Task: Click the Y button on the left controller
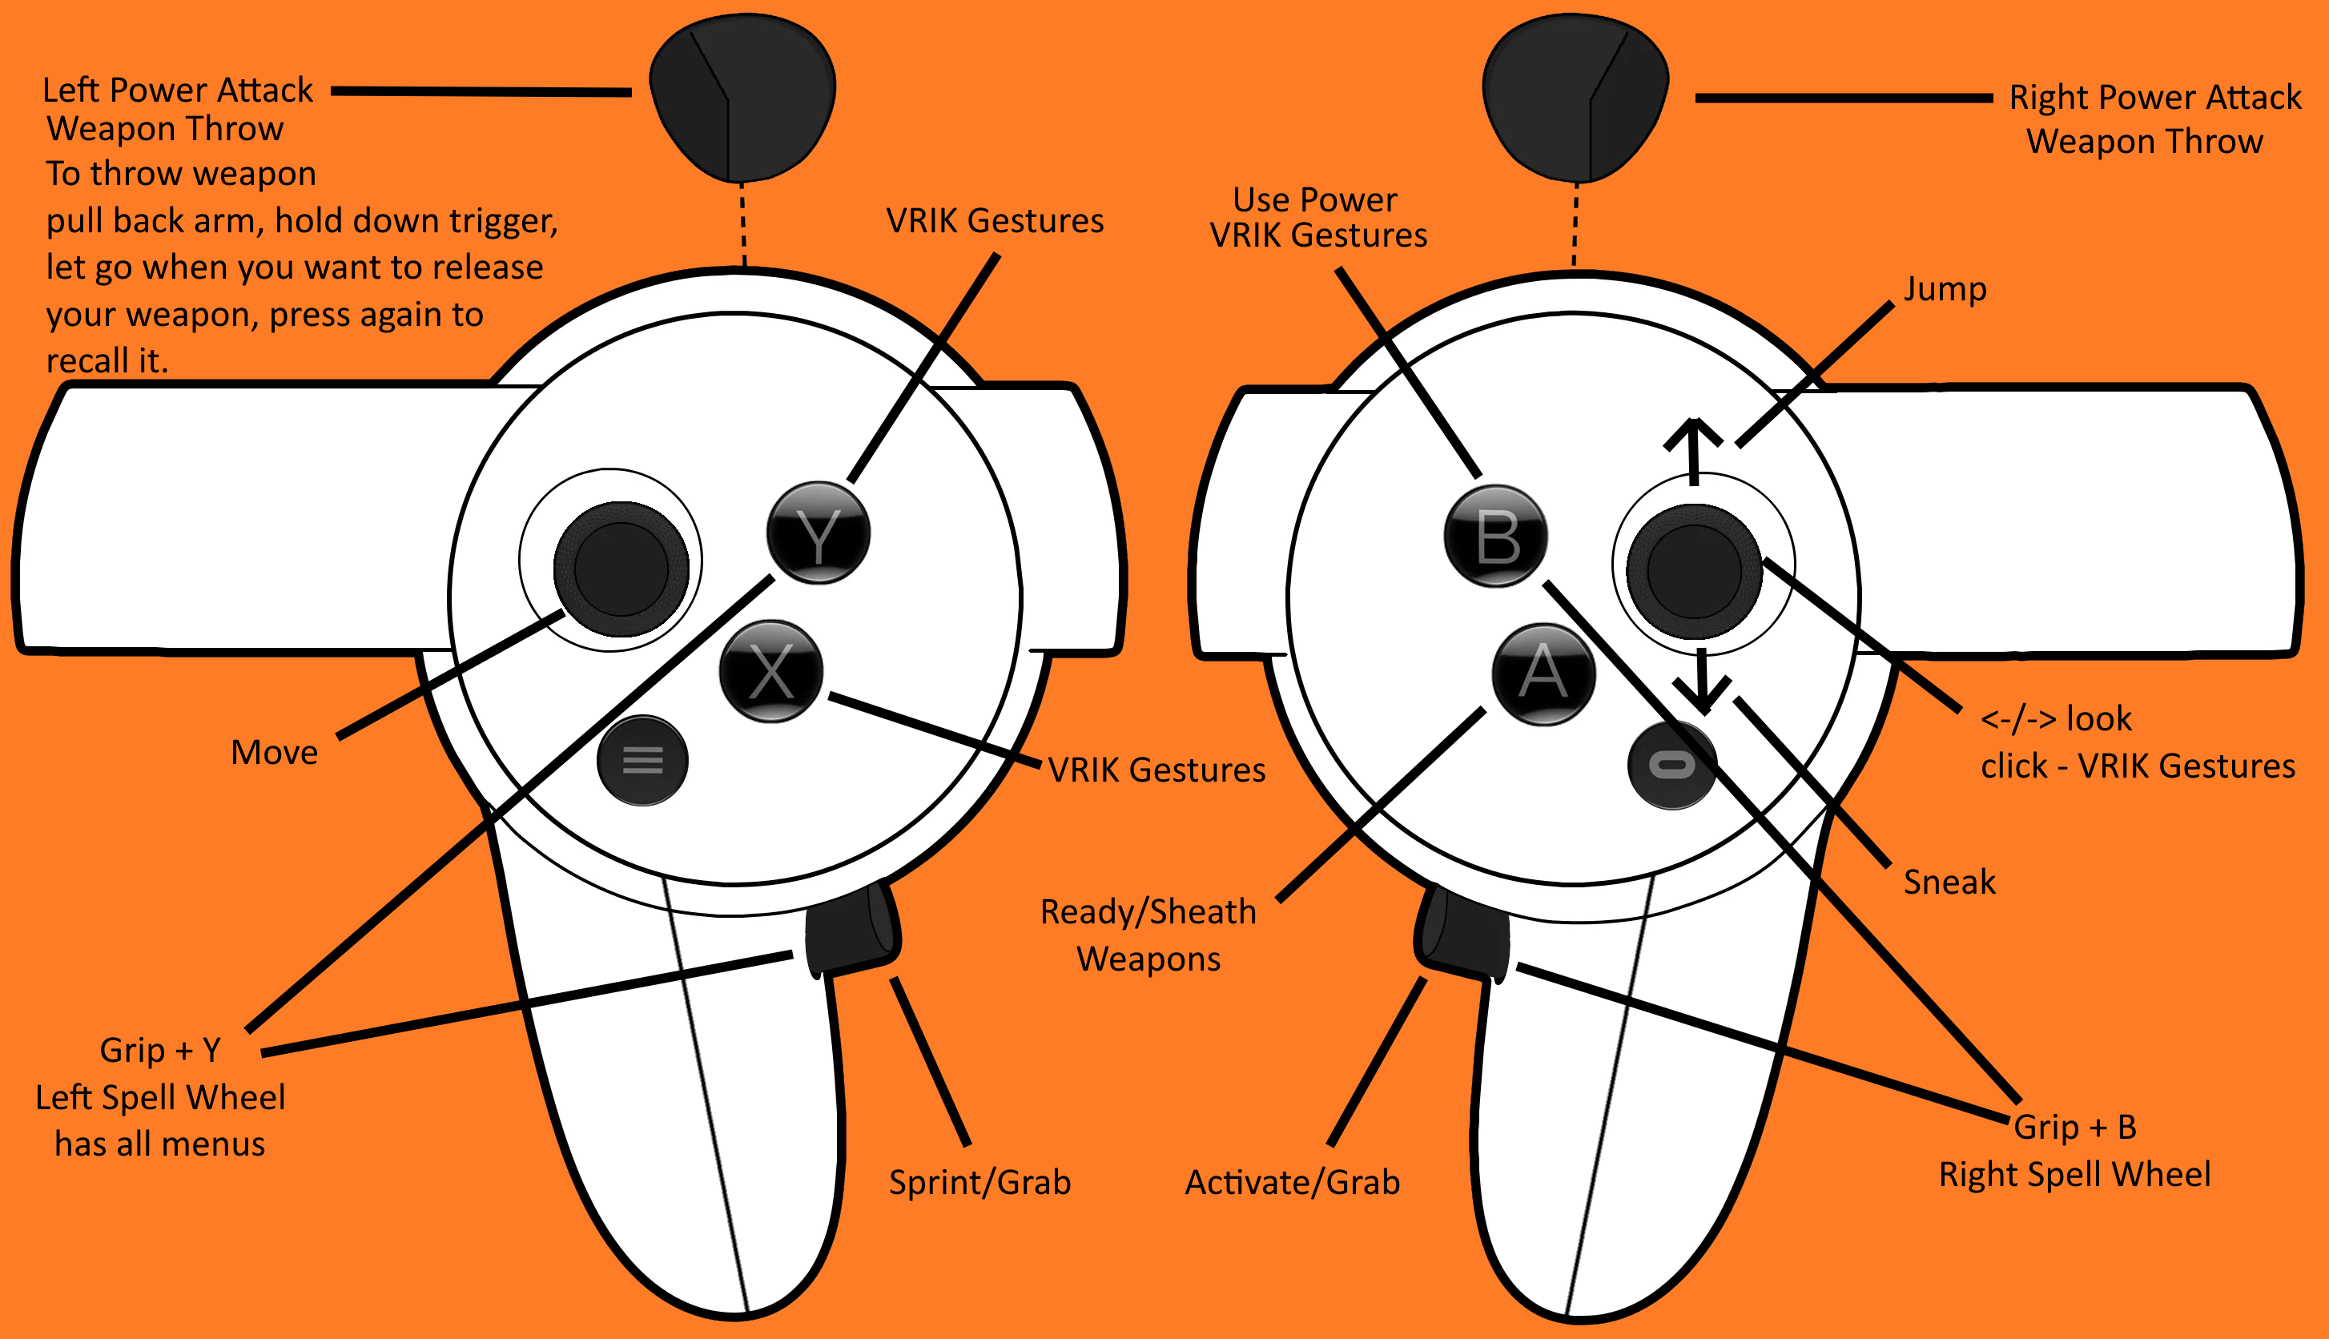point(818,533)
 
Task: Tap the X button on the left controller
point(770,671)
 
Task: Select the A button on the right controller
point(1543,674)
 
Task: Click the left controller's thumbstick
point(621,569)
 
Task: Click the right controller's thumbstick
point(1694,571)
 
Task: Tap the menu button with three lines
point(642,761)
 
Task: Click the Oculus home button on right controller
point(1671,765)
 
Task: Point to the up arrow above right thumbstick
point(1694,451)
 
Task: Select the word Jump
point(1944,289)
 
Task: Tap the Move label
point(274,753)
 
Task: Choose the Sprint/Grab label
point(979,1183)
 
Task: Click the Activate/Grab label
point(1292,1183)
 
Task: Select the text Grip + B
point(2074,1128)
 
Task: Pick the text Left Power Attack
point(178,90)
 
